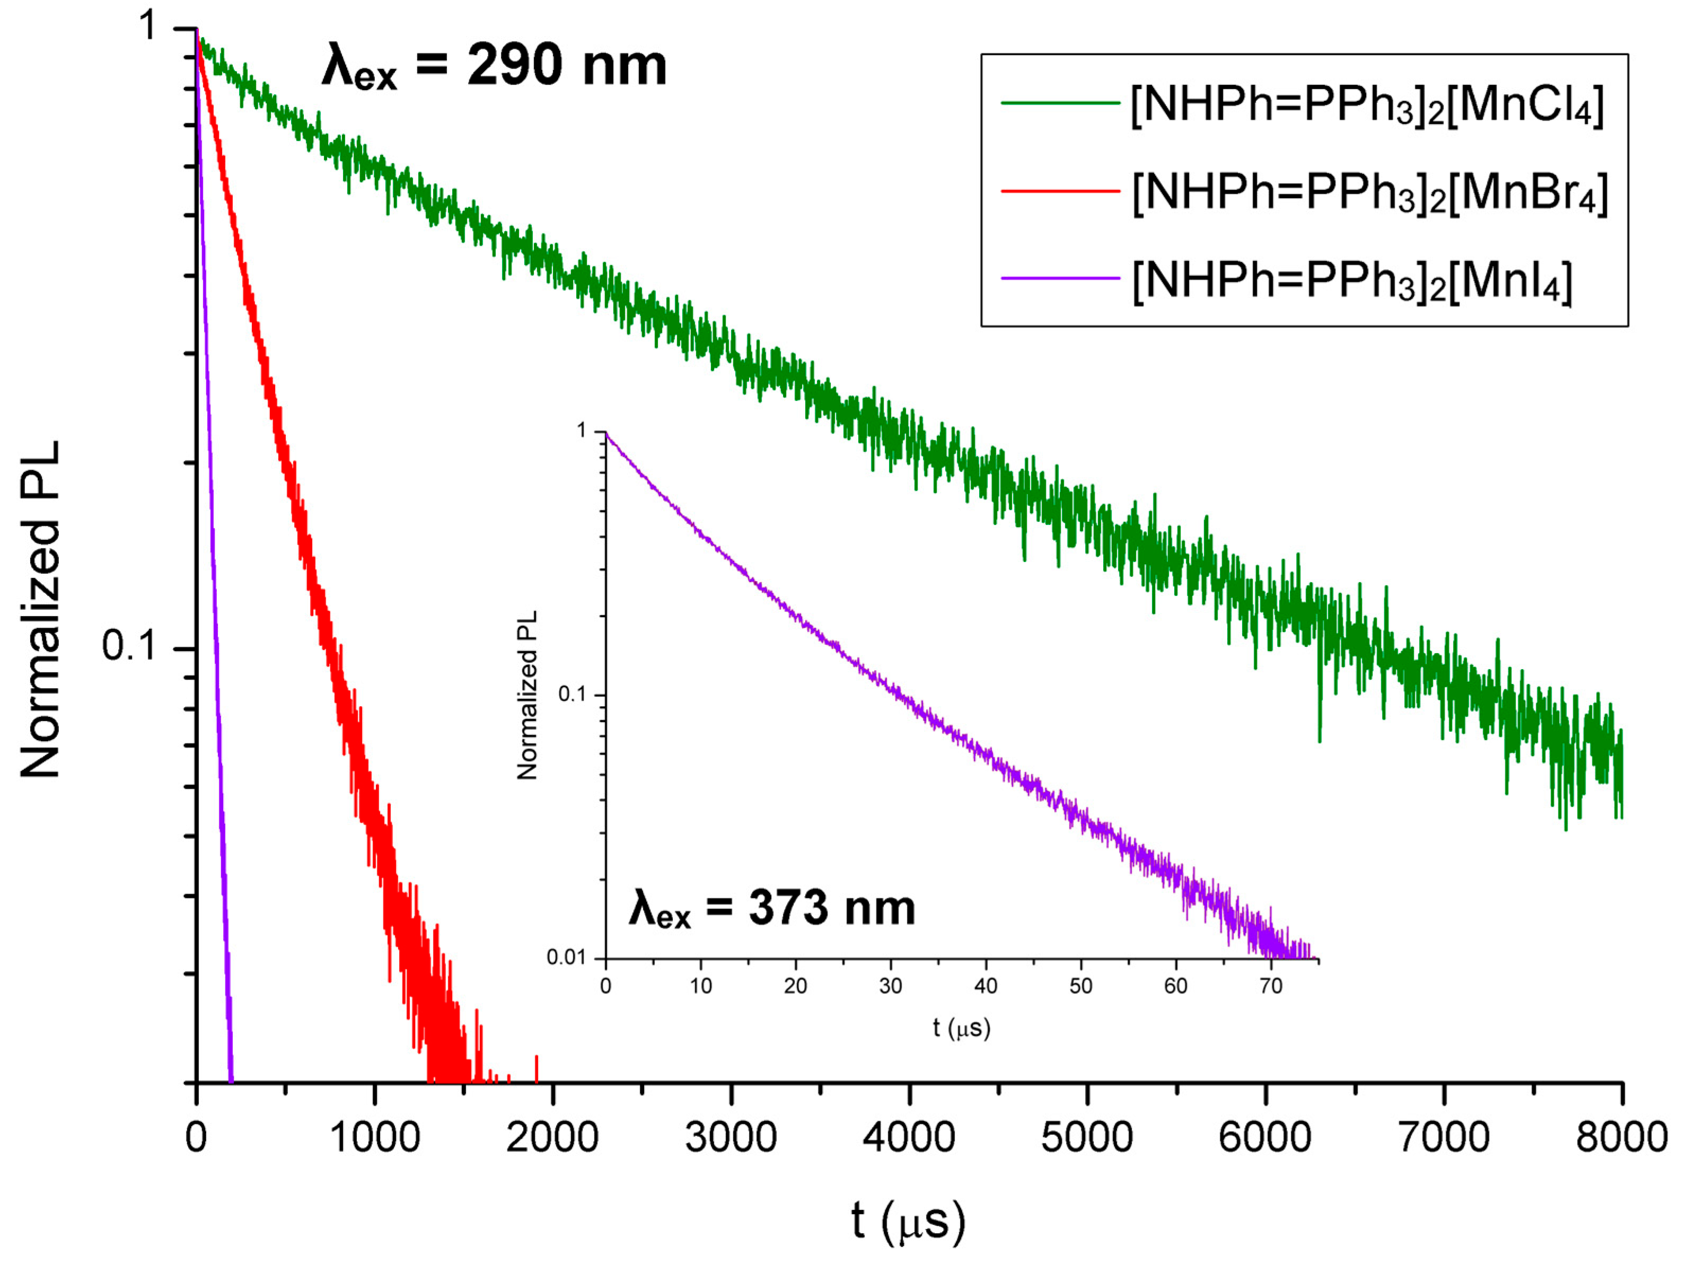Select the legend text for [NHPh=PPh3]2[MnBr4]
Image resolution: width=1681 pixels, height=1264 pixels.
pos(1369,193)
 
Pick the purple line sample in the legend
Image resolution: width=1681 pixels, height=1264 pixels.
pos(1060,279)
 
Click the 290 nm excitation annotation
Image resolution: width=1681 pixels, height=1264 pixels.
pos(494,67)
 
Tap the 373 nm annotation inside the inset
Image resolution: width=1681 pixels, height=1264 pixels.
pos(772,908)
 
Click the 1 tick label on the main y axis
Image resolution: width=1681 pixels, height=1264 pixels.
pos(148,26)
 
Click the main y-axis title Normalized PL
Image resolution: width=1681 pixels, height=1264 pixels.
pos(40,609)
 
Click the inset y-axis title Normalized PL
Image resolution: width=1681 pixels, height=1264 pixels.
pos(526,695)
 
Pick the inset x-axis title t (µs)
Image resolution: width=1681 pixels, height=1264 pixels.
pos(961,1028)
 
